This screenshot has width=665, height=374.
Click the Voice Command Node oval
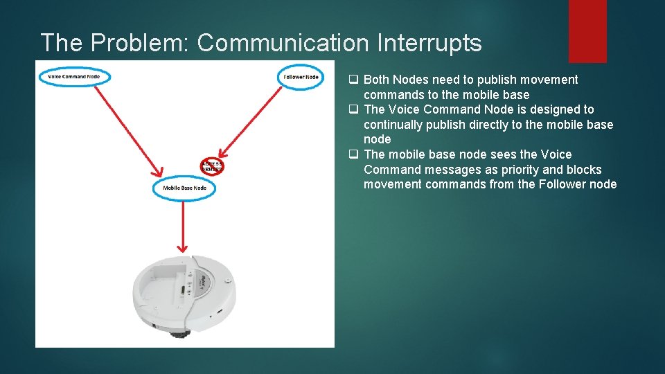tap(74, 75)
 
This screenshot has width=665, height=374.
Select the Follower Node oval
tap(301, 76)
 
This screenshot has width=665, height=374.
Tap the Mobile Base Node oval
tap(184, 188)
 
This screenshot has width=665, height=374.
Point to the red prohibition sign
tap(211, 166)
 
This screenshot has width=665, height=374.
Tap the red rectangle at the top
tap(587, 30)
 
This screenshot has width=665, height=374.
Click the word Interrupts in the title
tap(429, 43)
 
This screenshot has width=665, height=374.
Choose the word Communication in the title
tap(283, 43)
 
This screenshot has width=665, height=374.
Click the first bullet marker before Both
tap(353, 80)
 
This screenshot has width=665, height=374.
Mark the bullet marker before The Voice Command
tap(353, 109)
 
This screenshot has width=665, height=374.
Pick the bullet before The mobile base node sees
tap(353, 154)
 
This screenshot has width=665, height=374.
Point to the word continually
tap(392, 125)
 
